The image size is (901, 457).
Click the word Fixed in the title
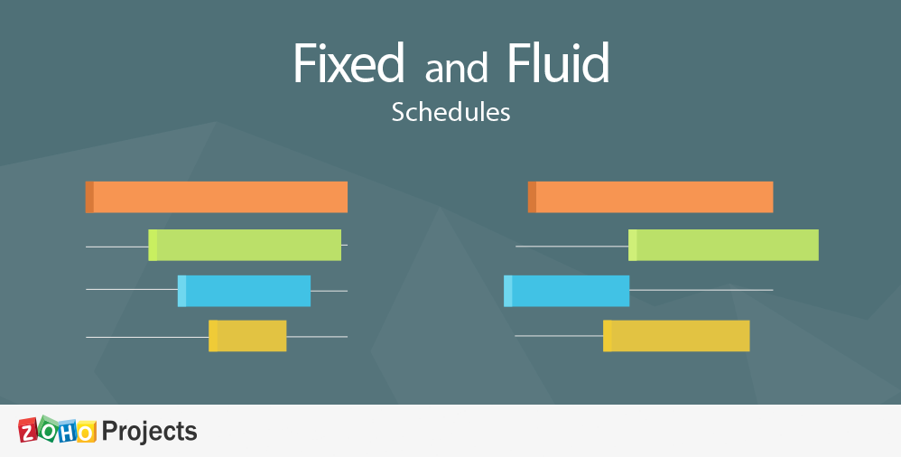click(348, 63)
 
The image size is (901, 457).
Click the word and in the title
click(456, 68)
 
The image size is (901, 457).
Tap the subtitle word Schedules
click(451, 112)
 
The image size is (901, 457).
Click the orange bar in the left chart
click(217, 197)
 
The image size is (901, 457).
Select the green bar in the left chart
click(245, 245)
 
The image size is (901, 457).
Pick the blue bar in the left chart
click(245, 291)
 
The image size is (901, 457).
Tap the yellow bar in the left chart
click(247, 336)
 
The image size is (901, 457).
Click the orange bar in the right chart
click(650, 197)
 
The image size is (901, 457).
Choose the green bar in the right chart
click(723, 245)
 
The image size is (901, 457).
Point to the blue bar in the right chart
click(567, 291)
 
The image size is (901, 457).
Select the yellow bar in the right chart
click(676, 336)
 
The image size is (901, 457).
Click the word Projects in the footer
click(149, 431)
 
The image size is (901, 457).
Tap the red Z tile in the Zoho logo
click(28, 431)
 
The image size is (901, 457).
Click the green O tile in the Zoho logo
click(48, 429)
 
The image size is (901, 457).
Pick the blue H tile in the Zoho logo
click(67, 431)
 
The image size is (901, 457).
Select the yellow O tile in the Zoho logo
click(86, 431)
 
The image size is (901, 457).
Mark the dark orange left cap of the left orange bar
click(89, 197)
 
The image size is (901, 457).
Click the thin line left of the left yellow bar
click(147, 338)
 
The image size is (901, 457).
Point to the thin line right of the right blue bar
click(701, 290)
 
